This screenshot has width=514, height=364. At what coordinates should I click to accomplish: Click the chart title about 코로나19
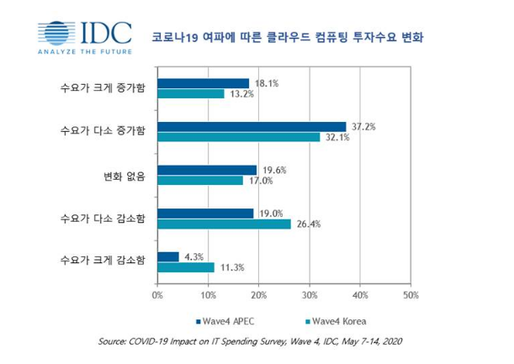(299, 38)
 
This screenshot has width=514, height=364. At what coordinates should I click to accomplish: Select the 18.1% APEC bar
(203, 82)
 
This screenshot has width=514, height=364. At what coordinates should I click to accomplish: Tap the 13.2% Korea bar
(190, 93)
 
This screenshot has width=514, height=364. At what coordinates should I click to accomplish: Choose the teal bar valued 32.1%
(238, 137)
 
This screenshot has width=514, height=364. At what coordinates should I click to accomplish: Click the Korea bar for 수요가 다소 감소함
(224, 224)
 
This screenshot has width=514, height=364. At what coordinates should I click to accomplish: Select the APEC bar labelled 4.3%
(167, 256)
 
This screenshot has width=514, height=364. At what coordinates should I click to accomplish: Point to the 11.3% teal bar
(185, 267)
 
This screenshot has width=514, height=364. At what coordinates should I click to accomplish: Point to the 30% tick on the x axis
(310, 295)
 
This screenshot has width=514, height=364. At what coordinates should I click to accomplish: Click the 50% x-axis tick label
(411, 295)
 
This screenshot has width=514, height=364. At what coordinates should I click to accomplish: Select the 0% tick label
(156, 295)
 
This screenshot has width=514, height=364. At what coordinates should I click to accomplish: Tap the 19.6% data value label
(274, 169)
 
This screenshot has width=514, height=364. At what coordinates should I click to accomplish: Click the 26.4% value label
(309, 224)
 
